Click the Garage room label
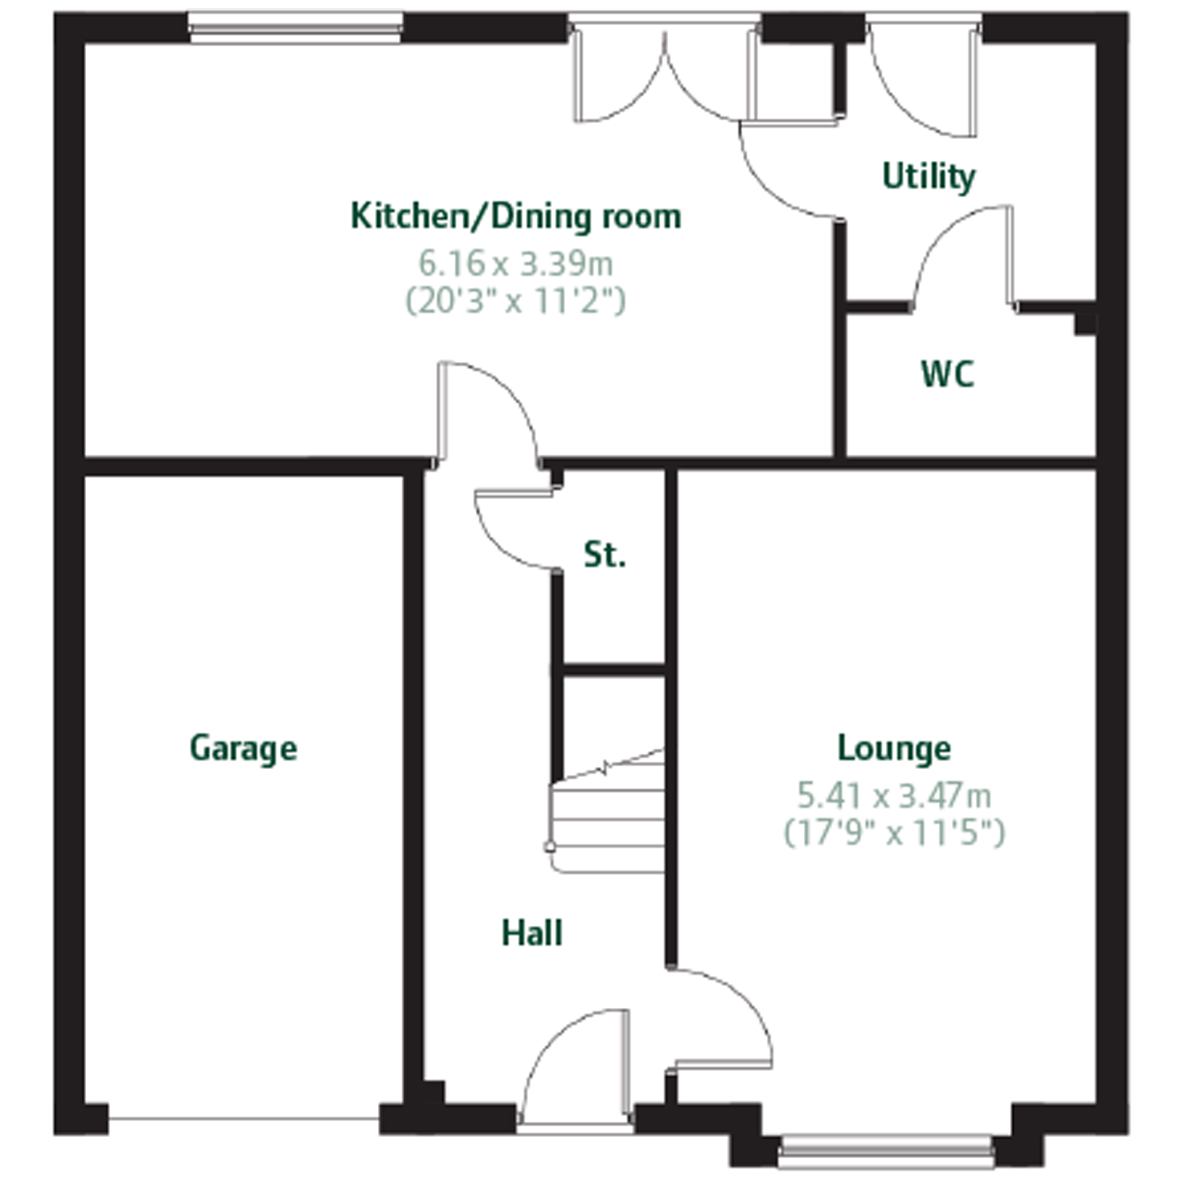coord(243,749)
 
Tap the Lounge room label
coord(894,749)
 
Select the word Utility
coord(929,177)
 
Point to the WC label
coord(947,374)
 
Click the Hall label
coord(532,933)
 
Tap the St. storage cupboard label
coord(605,554)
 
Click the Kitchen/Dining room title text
coord(516,216)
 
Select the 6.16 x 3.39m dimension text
coord(516,264)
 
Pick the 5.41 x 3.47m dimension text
coord(894,796)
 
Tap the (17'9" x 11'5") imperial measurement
coord(894,833)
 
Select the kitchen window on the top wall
coord(295,28)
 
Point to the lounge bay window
coord(885,1150)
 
